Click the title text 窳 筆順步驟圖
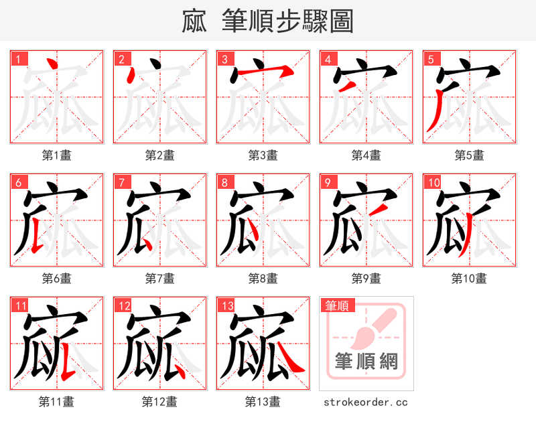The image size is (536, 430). click(x=267, y=21)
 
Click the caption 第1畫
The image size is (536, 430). click(x=57, y=155)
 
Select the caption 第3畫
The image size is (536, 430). click(x=263, y=155)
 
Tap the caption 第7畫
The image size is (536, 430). click(x=160, y=279)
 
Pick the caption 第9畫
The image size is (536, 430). click(x=366, y=279)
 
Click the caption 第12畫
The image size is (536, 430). click(x=160, y=402)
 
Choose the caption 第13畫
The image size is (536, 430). click(x=263, y=402)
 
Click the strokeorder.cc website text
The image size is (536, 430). click(x=366, y=403)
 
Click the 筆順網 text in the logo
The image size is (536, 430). click(x=366, y=362)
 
